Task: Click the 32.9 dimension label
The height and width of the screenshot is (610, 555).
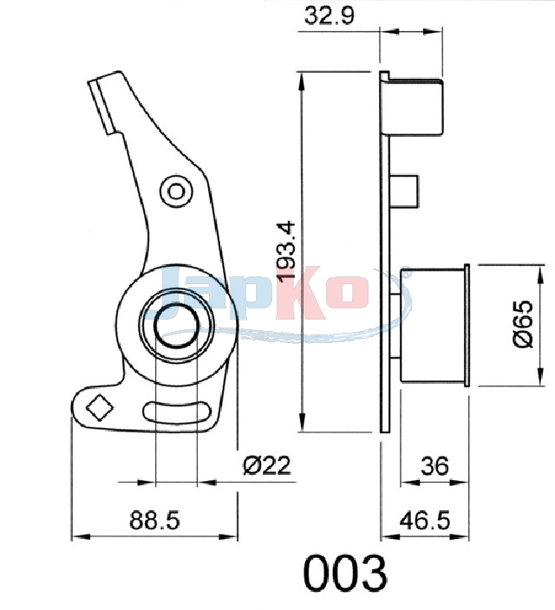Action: coord(330,16)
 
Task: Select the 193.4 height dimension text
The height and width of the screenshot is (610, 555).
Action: coord(287,250)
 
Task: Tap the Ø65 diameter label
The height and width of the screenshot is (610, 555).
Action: coord(522,323)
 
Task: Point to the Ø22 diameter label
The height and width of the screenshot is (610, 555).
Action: coord(267,465)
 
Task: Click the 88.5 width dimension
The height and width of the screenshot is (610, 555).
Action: coord(154,520)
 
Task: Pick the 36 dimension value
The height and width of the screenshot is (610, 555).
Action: coord(434,465)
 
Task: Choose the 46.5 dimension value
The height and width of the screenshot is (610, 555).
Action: coord(425,520)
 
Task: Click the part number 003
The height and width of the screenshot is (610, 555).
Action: coord(345,573)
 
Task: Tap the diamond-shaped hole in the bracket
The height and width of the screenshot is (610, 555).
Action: coord(100,407)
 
